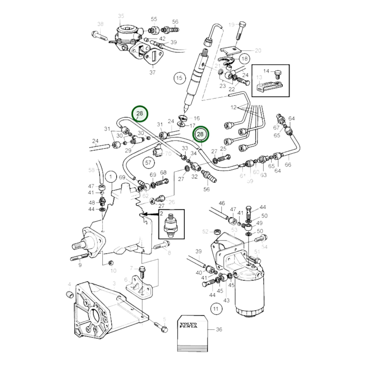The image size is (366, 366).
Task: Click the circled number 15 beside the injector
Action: (179, 78)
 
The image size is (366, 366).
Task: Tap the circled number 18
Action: (244, 59)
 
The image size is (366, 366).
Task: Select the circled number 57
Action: (148, 163)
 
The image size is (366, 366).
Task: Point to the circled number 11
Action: (216, 309)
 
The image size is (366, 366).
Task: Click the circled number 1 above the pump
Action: (111, 177)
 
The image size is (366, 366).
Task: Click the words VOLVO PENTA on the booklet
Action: (188, 325)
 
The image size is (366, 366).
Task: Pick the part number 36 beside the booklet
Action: (219, 329)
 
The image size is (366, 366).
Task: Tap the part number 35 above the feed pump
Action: (121, 16)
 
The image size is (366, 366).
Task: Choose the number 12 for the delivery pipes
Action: (233, 107)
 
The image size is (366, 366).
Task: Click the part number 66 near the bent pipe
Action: (288, 165)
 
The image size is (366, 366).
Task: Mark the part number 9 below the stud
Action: (80, 265)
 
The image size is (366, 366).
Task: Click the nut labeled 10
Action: (110, 263)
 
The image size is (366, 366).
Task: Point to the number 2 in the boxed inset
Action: (161, 214)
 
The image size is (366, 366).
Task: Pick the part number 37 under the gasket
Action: (152, 72)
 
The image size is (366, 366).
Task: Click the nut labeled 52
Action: (217, 232)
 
